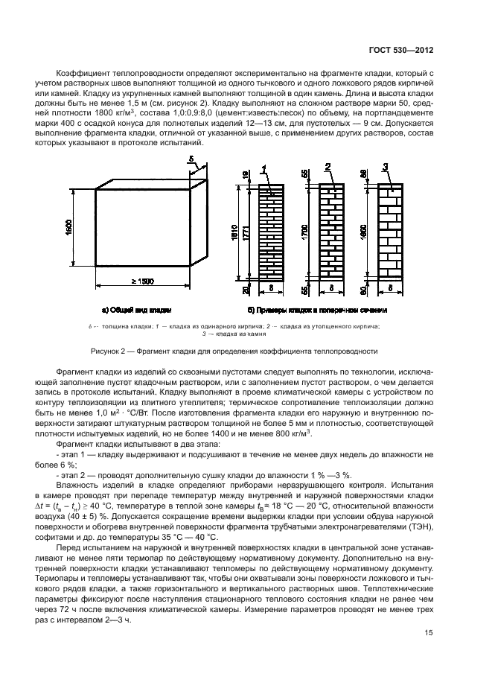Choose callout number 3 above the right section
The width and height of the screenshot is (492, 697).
coord(384,166)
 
